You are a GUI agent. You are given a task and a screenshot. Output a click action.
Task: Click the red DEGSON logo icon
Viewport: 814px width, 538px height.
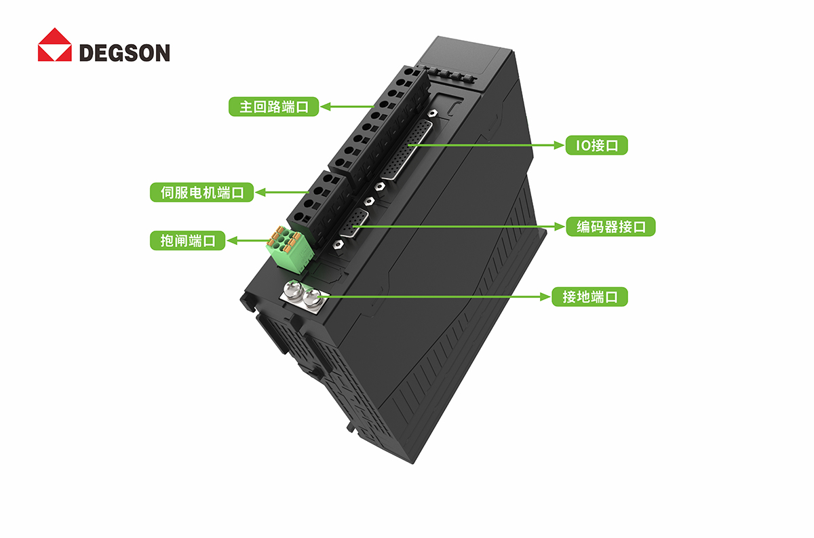[55, 45]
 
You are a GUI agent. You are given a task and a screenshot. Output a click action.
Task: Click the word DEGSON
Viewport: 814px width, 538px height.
[125, 53]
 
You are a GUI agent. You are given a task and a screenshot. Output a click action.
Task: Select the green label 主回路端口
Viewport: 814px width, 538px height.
[273, 107]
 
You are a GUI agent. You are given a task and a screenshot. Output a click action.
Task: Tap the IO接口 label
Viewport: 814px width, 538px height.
[597, 145]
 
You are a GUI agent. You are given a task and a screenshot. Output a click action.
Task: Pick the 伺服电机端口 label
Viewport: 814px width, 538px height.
[201, 192]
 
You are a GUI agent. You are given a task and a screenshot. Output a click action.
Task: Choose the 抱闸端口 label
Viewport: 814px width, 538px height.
[187, 241]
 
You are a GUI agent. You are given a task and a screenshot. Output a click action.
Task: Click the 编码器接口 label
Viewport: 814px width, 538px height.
[611, 227]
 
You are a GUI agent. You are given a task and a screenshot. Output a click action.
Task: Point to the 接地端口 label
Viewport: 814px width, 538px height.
[589, 297]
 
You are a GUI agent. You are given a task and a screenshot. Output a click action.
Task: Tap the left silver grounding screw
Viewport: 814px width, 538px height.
[294, 290]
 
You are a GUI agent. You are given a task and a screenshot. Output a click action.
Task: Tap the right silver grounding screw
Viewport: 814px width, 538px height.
[312, 298]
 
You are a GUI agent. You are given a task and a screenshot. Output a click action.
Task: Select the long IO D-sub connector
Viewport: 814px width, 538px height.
[407, 149]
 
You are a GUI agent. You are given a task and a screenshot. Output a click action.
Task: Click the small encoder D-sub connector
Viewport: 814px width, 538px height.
[353, 223]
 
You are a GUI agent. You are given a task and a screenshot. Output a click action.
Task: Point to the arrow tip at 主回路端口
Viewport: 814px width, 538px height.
[320, 107]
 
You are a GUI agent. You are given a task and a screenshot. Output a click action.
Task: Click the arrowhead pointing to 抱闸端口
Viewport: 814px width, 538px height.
[227, 241]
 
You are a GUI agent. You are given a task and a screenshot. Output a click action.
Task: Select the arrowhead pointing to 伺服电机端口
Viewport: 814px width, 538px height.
[256, 192]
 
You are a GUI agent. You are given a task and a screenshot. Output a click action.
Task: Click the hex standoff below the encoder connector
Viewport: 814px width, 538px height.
[338, 244]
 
